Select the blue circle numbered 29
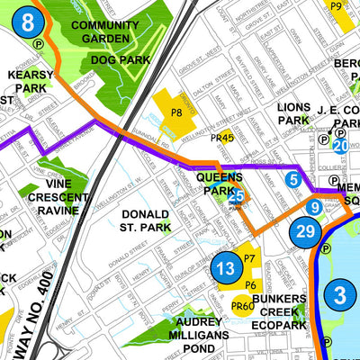tap(305, 231)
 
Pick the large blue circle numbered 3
tap(339, 295)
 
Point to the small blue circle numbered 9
tap(313, 208)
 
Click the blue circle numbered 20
tap(340, 146)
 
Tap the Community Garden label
tap(104, 31)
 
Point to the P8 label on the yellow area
tap(177, 112)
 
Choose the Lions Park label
tap(293, 112)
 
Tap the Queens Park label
tap(217, 184)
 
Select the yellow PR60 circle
tap(242, 307)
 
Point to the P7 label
tap(250, 259)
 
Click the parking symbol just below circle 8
tap(39, 42)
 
